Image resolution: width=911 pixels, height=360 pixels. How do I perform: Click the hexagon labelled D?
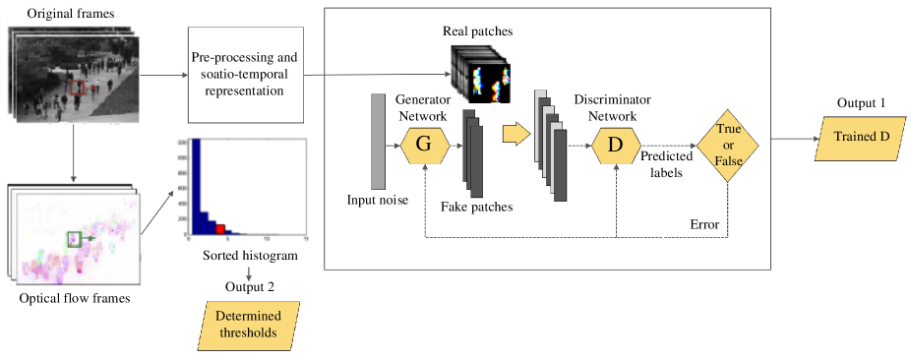tap(616, 145)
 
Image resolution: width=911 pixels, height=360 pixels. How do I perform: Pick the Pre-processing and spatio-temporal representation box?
tap(245, 75)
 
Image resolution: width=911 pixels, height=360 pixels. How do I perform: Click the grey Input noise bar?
tap(377, 141)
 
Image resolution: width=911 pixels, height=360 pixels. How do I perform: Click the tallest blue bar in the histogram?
tap(195, 186)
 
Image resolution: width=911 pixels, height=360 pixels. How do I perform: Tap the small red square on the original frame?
tap(77, 88)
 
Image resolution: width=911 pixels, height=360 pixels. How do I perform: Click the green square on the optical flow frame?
tap(74, 238)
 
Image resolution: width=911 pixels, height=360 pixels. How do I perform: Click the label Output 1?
tap(861, 103)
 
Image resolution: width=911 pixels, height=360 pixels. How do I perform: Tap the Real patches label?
tap(478, 31)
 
